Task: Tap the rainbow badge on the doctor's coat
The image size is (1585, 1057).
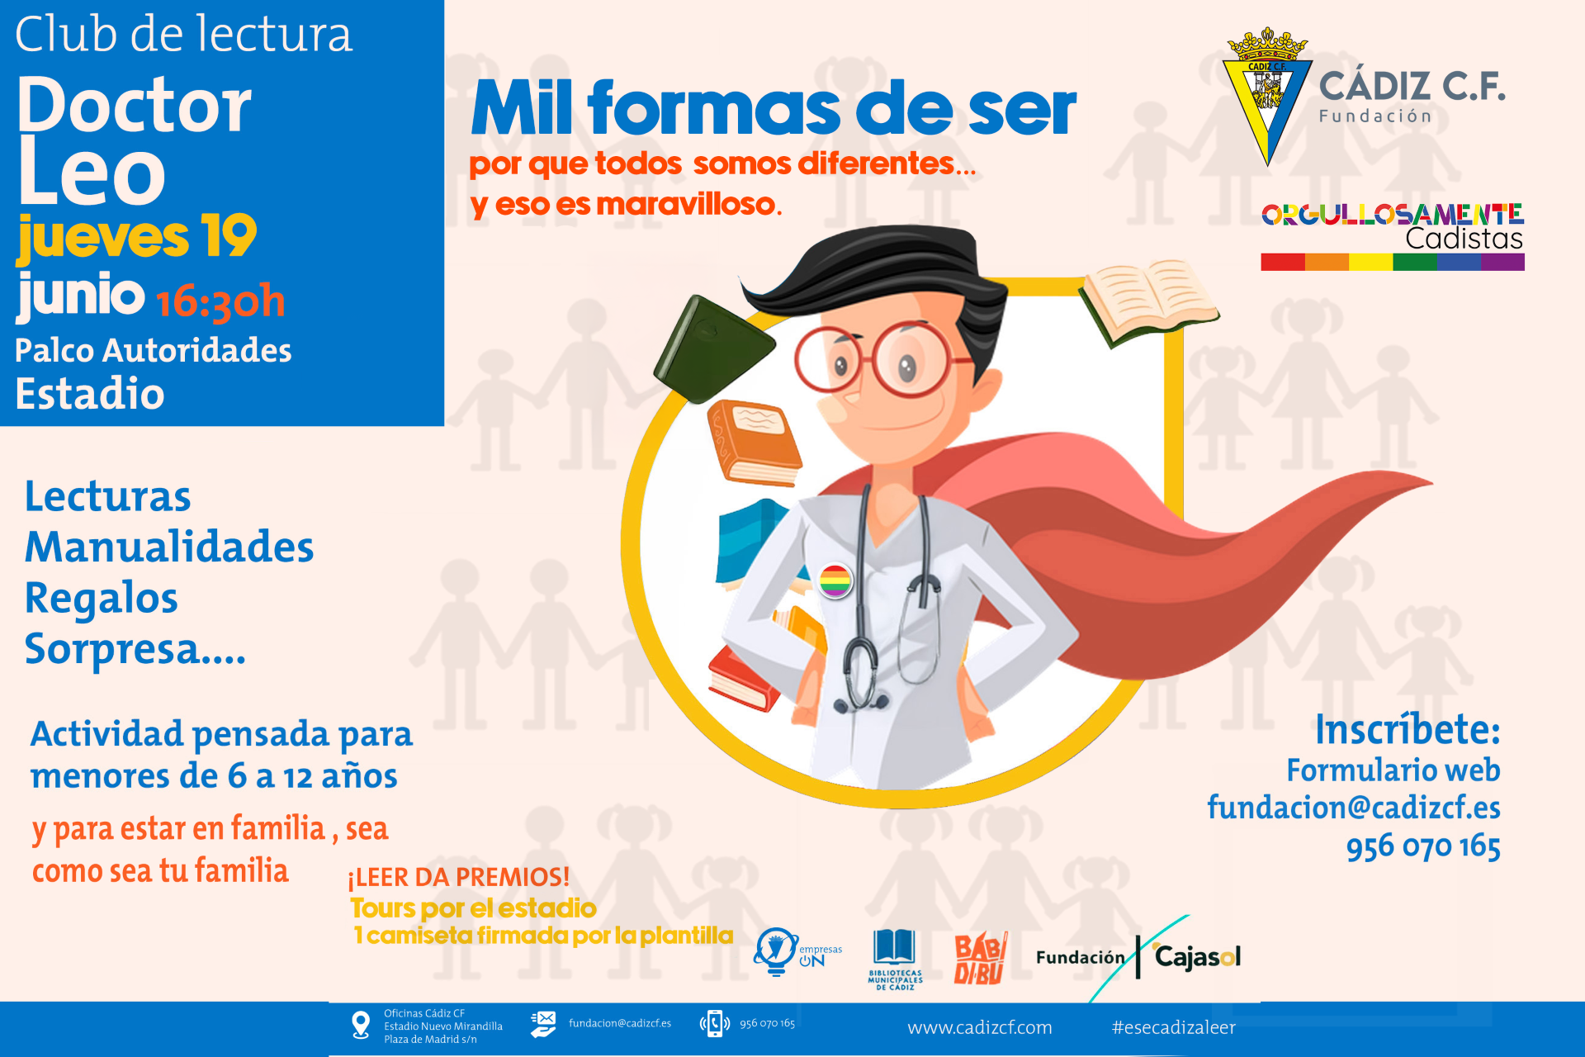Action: pyautogui.click(x=835, y=581)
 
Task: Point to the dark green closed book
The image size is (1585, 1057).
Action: pyautogui.click(x=712, y=349)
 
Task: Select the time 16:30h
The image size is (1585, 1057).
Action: pyautogui.click(x=220, y=301)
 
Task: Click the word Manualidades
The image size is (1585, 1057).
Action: pyautogui.click(x=169, y=547)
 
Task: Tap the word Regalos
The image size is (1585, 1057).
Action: pyautogui.click(x=102, y=599)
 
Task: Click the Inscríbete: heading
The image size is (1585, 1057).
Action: pyautogui.click(x=1408, y=729)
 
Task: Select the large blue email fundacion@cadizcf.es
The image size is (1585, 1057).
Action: pyautogui.click(x=1354, y=807)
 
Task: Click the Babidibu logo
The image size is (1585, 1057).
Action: pyautogui.click(x=980, y=958)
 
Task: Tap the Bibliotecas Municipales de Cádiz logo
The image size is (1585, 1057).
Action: pyautogui.click(x=895, y=959)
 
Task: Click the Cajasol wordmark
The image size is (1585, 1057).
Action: pyautogui.click(x=1197, y=956)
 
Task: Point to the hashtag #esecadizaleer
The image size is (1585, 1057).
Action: pyautogui.click(x=1173, y=1027)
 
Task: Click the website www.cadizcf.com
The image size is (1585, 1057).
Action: pyautogui.click(x=980, y=1027)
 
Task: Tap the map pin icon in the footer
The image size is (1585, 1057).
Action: pyautogui.click(x=361, y=1025)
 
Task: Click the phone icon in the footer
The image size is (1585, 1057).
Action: pyautogui.click(x=715, y=1024)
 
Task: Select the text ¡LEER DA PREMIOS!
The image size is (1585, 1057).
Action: pyautogui.click(x=459, y=877)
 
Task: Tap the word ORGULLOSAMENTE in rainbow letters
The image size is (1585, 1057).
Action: pyautogui.click(x=1393, y=215)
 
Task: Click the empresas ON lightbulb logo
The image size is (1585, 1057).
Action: pyautogui.click(x=797, y=951)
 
